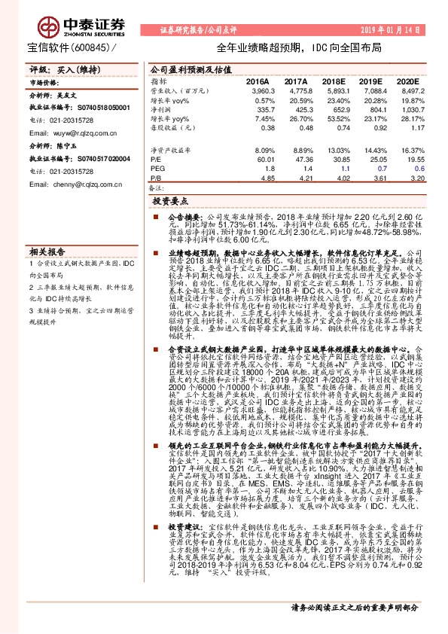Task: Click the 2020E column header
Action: point(406,80)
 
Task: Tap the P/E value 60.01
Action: point(258,160)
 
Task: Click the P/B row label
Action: point(157,179)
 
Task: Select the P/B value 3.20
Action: point(409,179)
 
